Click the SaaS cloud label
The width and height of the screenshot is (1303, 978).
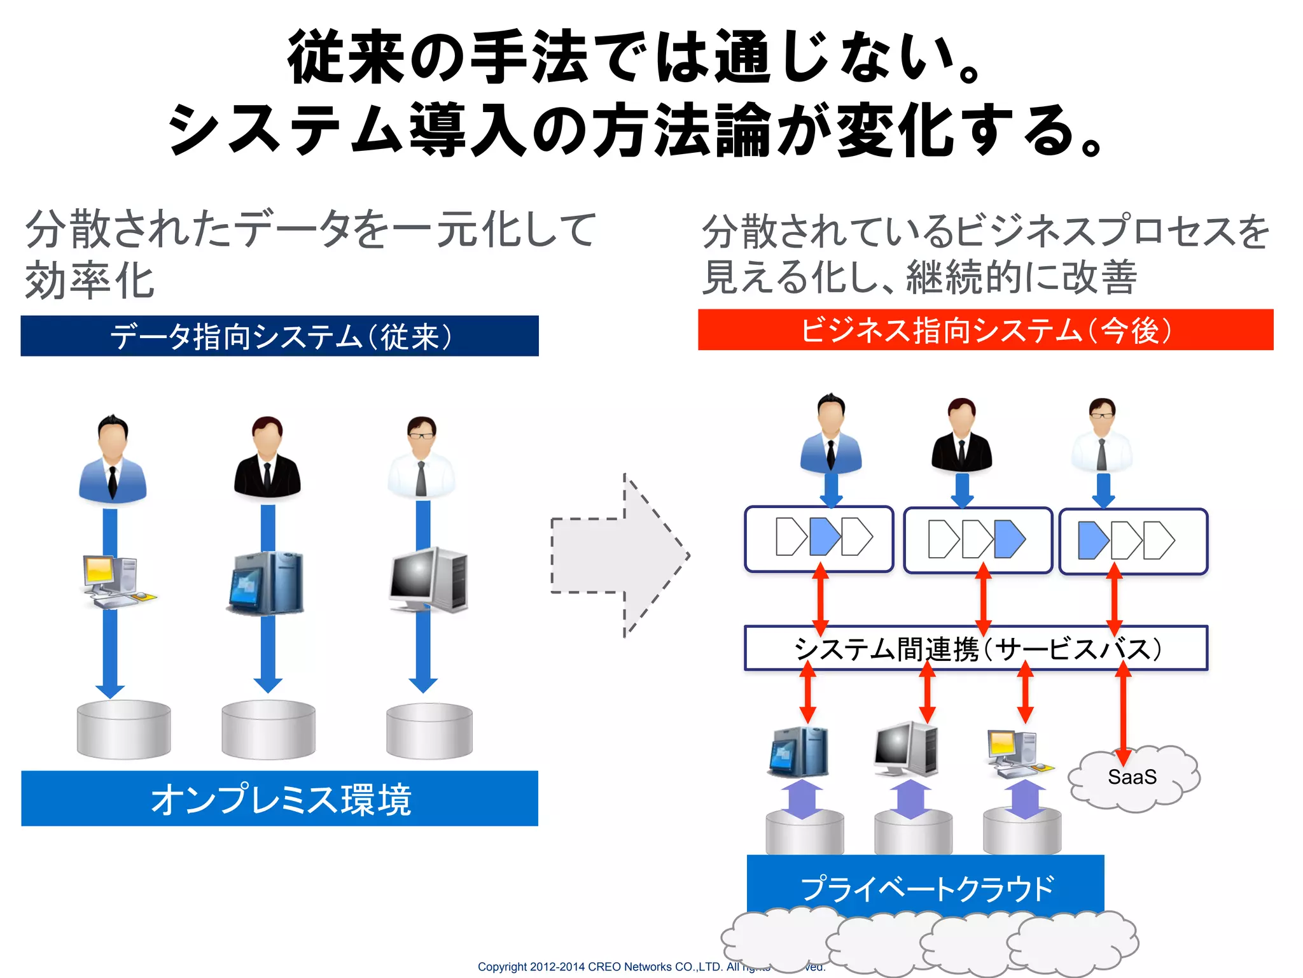pos(1132,777)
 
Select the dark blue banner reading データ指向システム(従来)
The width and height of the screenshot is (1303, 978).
pos(279,336)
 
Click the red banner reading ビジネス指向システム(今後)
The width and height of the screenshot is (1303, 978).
pos(985,330)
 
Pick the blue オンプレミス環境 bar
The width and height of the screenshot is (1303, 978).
pos(279,798)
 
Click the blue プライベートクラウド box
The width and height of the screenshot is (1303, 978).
pos(925,886)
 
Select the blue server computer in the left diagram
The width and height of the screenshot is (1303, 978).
pos(266,583)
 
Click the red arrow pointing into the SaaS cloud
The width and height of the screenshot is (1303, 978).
pos(1123,713)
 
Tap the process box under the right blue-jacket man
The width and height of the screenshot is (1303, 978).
pos(819,539)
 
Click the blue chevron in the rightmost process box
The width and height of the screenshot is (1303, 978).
pos(1093,540)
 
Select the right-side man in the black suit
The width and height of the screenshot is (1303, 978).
pos(961,437)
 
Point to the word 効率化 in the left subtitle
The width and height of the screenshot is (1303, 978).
pos(90,281)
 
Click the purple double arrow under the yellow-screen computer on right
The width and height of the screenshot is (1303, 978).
pos(1024,799)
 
